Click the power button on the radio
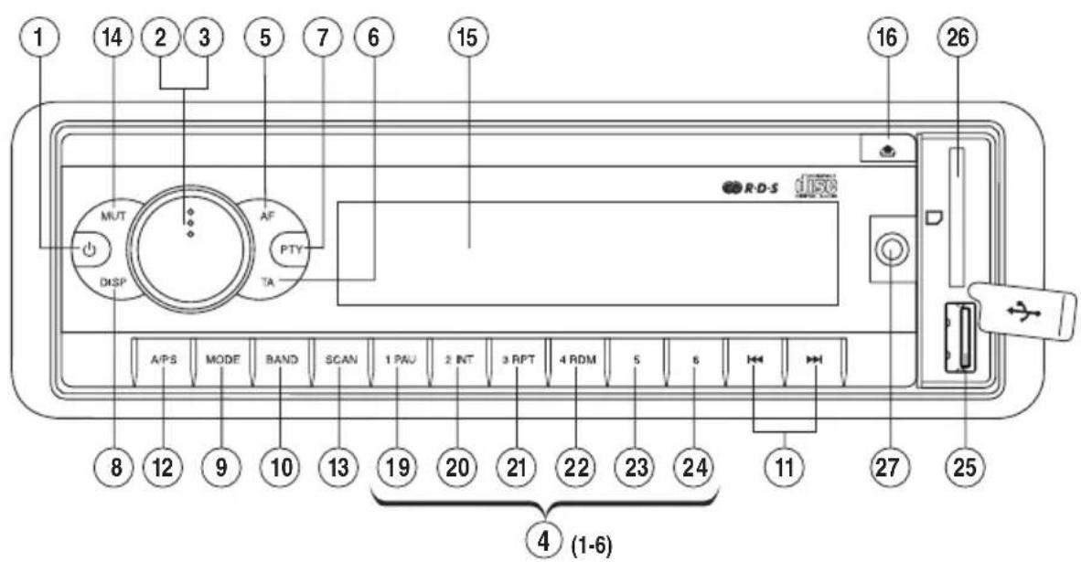coord(90,249)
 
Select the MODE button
coord(222,360)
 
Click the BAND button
coord(280,360)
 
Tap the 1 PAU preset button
coord(399,360)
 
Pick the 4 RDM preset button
coord(577,360)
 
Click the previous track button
coord(755,360)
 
